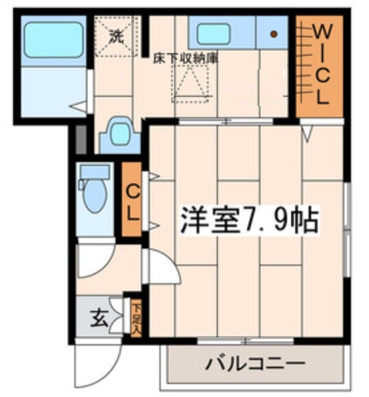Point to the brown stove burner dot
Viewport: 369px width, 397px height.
point(274,34)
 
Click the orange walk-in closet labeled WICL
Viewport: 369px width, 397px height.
point(319,66)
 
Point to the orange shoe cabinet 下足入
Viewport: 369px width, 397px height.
point(135,317)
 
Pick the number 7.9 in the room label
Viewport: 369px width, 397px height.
point(263,220)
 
